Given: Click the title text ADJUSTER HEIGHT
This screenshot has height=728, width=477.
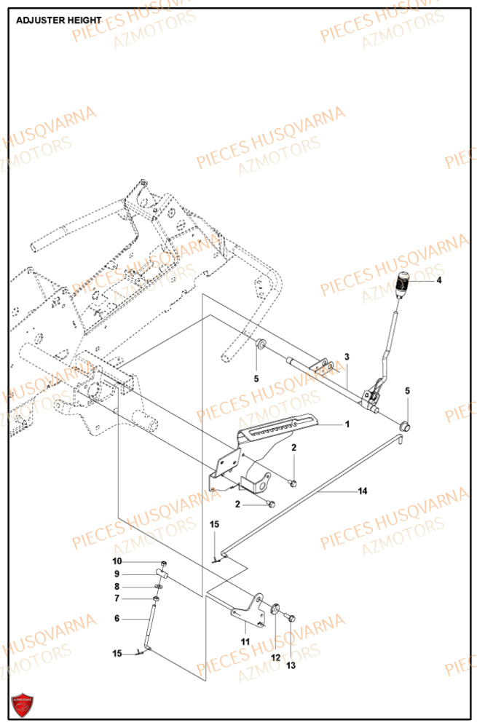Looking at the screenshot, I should click(x=58, y=21).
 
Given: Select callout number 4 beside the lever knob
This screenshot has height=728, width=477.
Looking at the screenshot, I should click(x=438, y=280).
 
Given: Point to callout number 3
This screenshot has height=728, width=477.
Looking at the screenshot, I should click(x=347, y=357).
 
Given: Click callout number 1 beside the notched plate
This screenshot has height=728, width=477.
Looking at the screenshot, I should click(x=347, y=424).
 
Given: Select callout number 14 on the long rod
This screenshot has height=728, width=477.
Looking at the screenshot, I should click(x=361, y=491).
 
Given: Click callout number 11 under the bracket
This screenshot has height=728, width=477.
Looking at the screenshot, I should click(x=245, y=641).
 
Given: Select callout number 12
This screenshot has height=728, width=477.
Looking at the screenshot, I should click(x=275, y=657).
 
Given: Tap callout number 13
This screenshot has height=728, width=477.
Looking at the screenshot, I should click(x=291, y=666).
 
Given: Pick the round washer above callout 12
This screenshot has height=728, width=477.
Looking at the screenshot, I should click(x=276, y=608).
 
